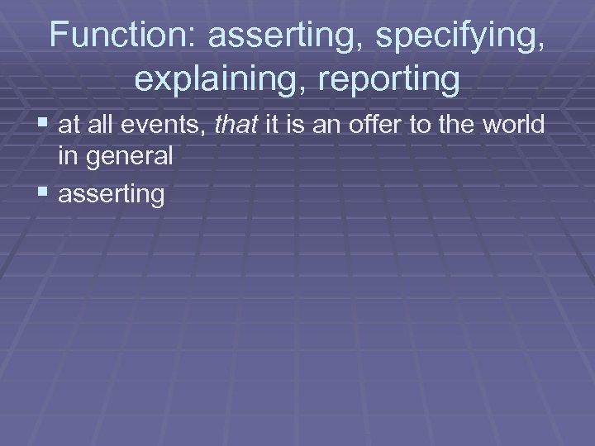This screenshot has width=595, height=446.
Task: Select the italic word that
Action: (x=235, y=126)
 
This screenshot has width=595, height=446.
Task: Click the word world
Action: (x=514, y=126)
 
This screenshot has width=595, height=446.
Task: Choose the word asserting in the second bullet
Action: (x=112, y=195)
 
